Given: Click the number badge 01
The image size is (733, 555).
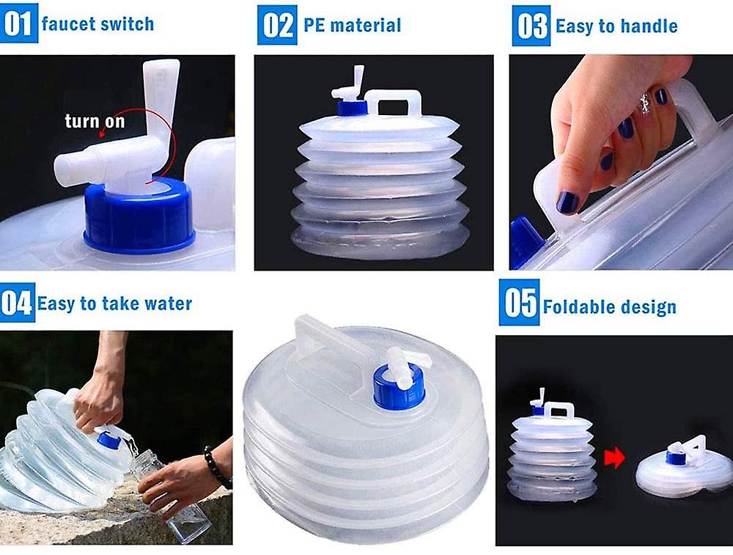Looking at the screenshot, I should [18, 24].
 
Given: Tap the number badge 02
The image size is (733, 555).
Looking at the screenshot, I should [277, 25].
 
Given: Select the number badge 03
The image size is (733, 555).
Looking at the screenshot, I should [531, 26].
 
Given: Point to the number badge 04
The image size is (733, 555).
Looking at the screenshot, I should [17, 303].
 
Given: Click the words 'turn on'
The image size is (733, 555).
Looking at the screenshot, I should [95, 121].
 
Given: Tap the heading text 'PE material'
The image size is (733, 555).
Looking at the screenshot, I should [353, 26].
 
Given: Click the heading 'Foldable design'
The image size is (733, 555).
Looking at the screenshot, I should [609, 307].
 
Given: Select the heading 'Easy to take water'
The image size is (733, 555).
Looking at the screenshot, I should [114, 304].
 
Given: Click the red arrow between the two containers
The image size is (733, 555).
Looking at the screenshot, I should [615, 458].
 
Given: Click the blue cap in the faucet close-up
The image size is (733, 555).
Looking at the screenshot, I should [139, 217].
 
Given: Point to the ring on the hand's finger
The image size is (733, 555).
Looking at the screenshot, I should [645, 103].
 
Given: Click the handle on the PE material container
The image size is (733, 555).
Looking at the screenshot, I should [394, 103].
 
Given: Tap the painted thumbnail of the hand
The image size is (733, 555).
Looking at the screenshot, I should [567, 202].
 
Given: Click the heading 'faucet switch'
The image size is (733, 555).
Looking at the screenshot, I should [97, 24].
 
